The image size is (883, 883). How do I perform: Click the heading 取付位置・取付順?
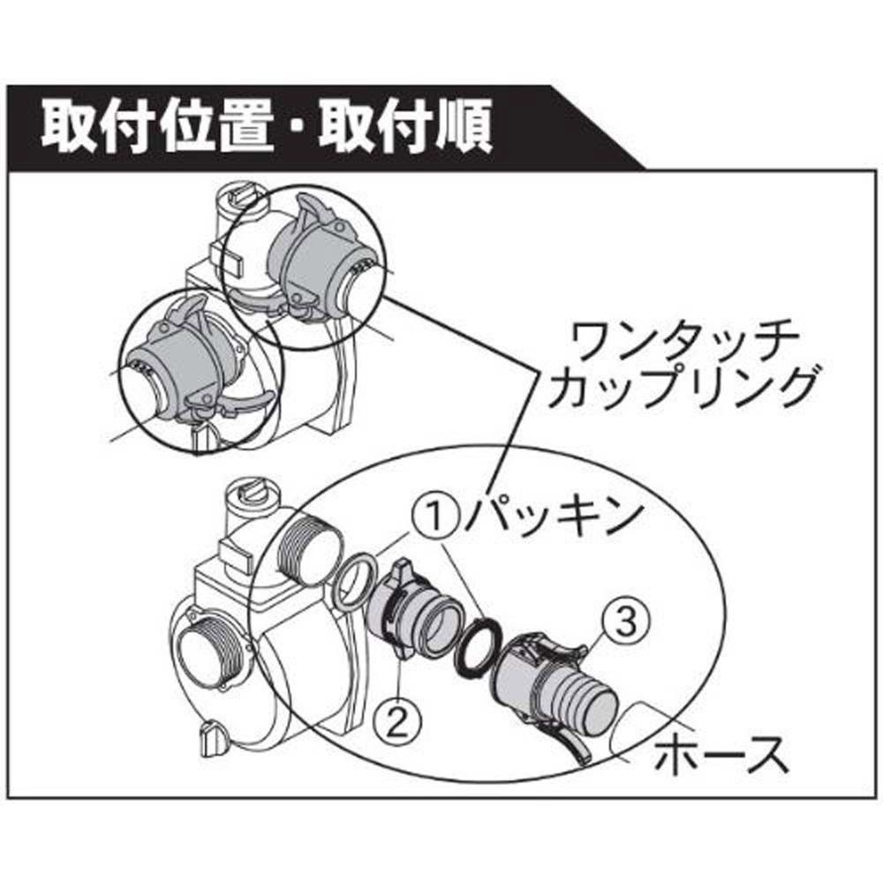[x=265, y=131]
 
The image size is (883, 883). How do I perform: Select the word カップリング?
[x=679, y=389]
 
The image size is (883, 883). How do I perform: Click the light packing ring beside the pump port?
[x=354, y=582]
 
